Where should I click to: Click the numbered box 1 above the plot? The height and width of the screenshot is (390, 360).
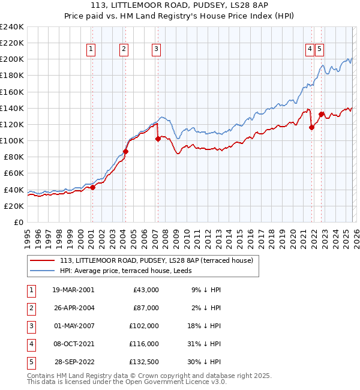91,50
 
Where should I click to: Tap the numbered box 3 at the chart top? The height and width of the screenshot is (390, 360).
156,50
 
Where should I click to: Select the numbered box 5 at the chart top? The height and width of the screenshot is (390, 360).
319,50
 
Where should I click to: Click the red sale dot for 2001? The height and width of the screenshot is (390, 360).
92,187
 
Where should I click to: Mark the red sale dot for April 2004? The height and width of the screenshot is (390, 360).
126,151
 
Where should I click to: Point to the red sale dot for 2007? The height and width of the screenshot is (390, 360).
158,139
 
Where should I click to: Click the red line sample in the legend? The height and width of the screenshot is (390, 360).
42,260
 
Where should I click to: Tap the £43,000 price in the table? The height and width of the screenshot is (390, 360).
145,289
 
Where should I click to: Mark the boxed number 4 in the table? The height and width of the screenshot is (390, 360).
31,344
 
